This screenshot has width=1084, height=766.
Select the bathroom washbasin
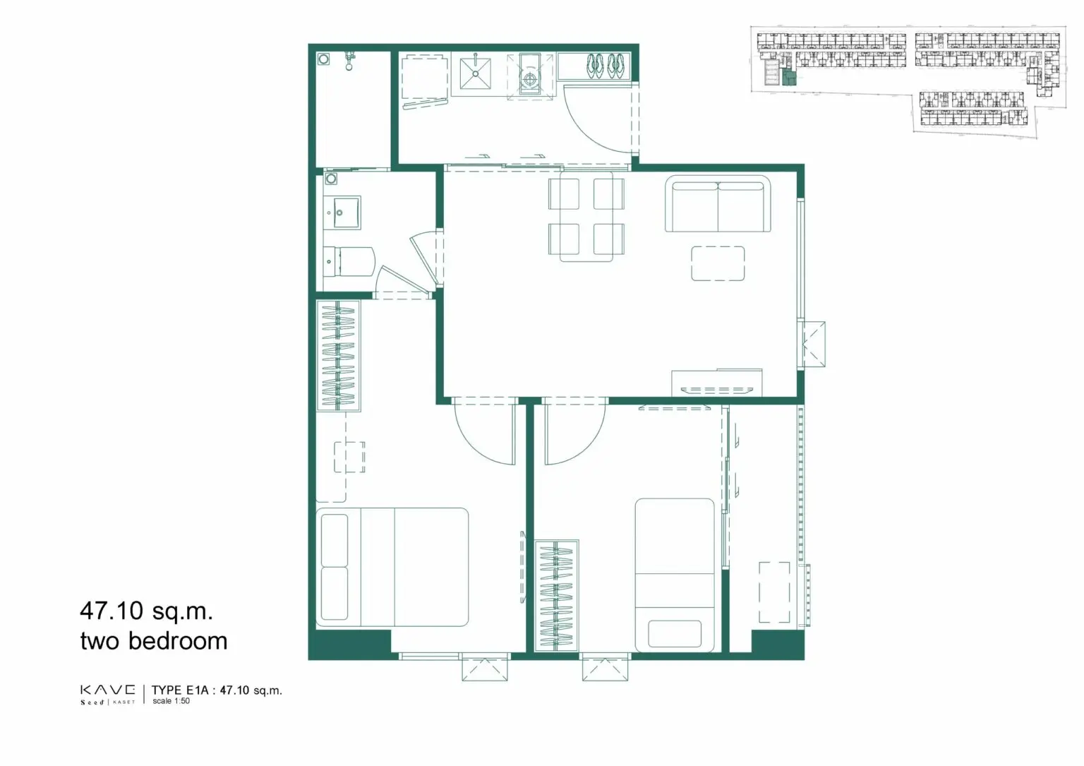tap(342, 212)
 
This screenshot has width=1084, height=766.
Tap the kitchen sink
tap(475, 74)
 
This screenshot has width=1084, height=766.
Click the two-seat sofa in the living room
tap(718, 204)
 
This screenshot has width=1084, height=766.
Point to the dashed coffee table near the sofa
tap(718, 263)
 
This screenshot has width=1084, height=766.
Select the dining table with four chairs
tap(586, 216)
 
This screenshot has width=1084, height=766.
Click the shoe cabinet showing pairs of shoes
tap(594, 66)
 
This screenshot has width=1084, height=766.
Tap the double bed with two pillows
tap(392, 567)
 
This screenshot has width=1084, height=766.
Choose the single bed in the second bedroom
tap(675, 575)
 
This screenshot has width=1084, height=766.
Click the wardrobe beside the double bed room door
tap(338, 356)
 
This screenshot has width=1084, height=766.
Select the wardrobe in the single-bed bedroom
tap(557, 596)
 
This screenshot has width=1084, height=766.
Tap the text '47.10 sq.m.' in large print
tap(147, 611)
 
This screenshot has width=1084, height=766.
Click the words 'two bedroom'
tap(154, 641)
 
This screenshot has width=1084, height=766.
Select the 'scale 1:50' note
tap(171, 700)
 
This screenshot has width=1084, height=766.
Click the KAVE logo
tap(108, 694)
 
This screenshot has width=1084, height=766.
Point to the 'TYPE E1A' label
tap(180, 690)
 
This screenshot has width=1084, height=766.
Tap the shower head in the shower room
tap(349, 61)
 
